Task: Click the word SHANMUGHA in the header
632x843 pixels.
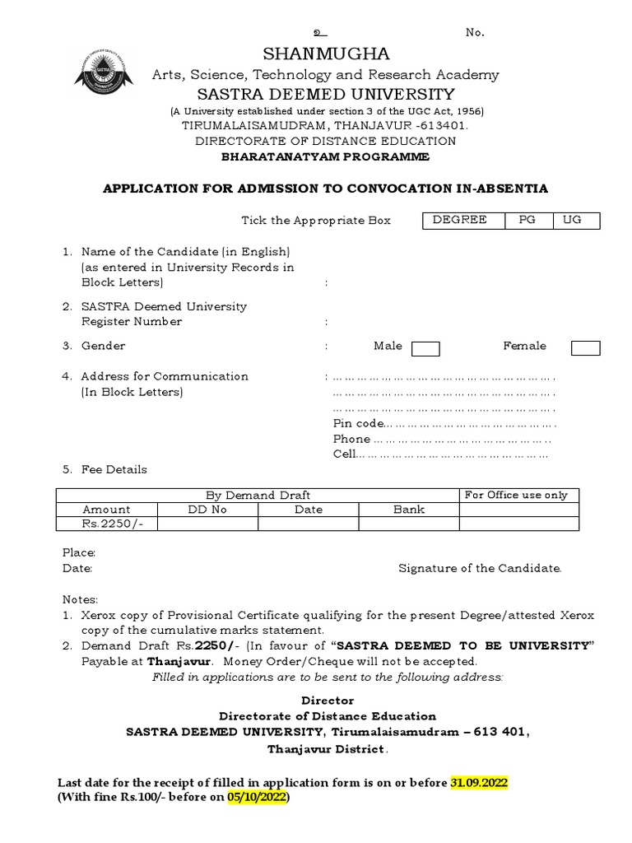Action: point(326,54)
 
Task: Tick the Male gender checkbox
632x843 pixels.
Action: point(425,349)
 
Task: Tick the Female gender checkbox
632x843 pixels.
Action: point(585,349)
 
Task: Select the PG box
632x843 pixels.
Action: point(526,221)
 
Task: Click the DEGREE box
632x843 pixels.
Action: point(459,221)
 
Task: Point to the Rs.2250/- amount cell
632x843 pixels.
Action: point(106,524)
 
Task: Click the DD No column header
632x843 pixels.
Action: point(207,510)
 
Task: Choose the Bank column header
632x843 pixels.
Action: point(409,510)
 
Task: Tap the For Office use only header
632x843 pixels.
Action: point(516,495)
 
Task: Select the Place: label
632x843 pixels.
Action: point(80,552)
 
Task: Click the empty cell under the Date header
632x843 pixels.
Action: point(309,524)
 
